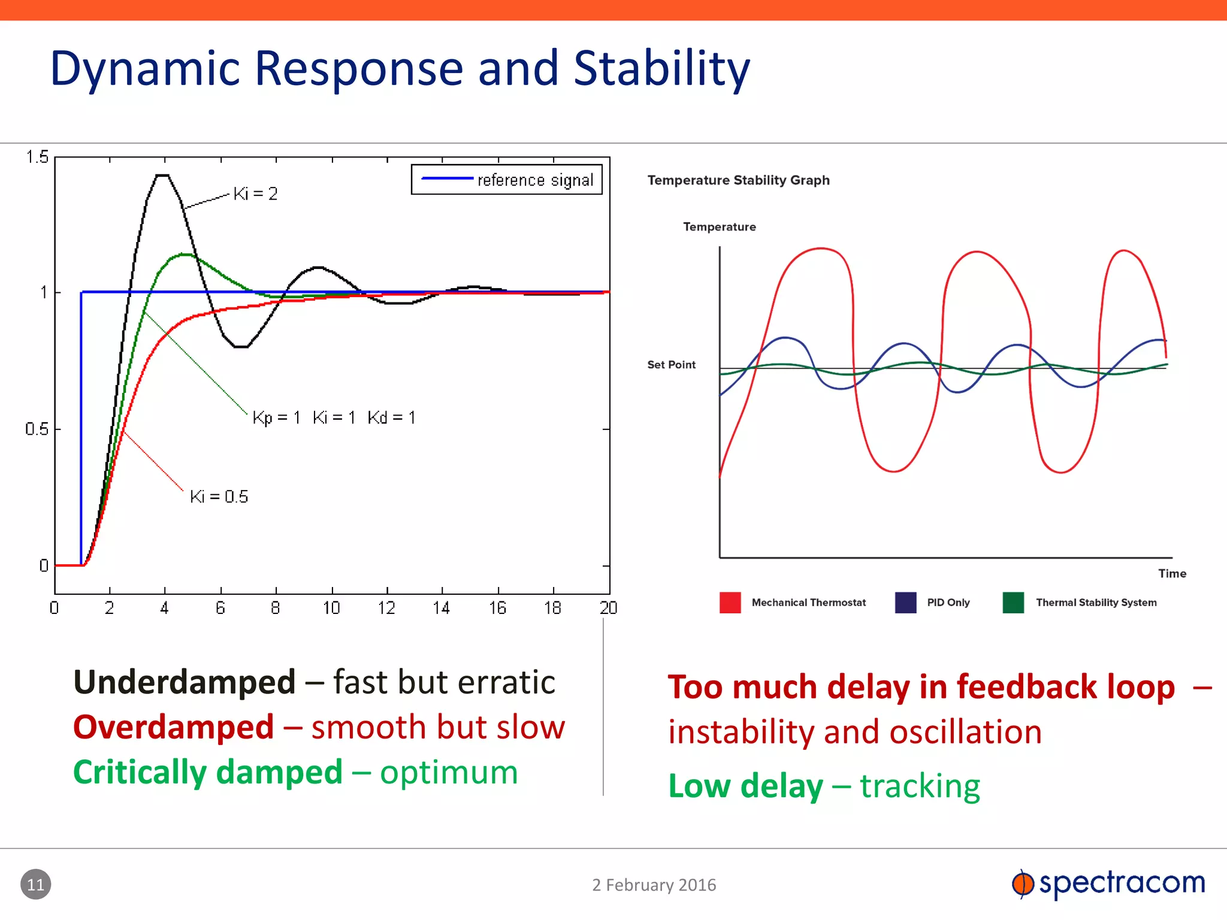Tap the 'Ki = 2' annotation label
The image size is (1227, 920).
(255, 193)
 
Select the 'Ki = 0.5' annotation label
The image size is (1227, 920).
(219, 497)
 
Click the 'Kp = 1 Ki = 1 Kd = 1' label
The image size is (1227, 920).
(334, 417)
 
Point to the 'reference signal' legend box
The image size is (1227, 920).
(506, 180)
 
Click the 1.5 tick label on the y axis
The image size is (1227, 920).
(37, 158)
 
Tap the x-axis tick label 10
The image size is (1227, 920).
(331, 609)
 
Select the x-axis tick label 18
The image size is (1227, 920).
(552, 609)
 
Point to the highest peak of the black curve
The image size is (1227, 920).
(162, 175)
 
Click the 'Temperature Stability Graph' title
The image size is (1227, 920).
(738, 180)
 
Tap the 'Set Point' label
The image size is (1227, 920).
(671, 365)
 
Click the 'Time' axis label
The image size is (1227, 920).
(1172, 574)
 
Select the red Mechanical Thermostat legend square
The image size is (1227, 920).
(730, 603)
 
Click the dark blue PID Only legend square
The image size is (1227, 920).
(905, 603)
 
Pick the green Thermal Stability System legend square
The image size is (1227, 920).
(1013, 603)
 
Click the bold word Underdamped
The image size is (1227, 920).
(185, 682)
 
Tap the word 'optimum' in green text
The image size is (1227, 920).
(449, 772)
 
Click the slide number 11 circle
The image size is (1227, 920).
(36, 884)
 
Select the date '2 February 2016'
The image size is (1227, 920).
(654, 885)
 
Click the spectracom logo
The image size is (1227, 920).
(1108, 883)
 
